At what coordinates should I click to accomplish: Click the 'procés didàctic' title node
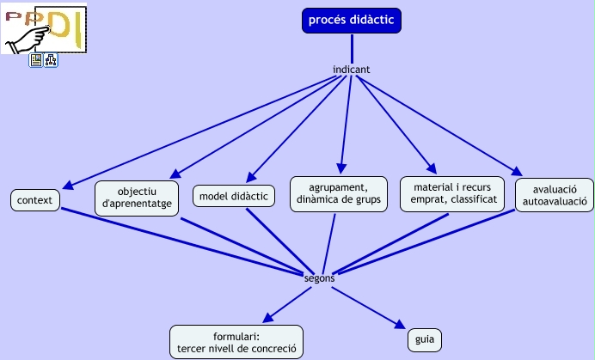pyautogui.click(x=352, y=20)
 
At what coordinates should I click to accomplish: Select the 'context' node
pyautogui.click(x=35, y=200)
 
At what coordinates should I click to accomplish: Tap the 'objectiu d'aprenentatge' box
pyautogui.click(x=137, y=198)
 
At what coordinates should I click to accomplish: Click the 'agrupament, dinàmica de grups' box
pyautogui.click(x=338, y=193)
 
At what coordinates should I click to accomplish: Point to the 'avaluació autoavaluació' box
pyautogui.click(x=554, y=195)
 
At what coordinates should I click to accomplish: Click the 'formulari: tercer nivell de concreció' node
pyautogui.click(x=236, y=342)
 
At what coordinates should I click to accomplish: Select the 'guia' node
pyautogui.click(x=424, y=339)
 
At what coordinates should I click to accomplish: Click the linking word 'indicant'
pyautogui.click(x=351, y=70)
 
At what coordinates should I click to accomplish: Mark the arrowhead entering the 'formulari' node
pyautogui.click(x=268, y=319)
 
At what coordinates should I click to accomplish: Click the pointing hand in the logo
pyautogui.click(x=31, y=34)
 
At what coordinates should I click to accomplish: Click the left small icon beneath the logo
pyautogui.click(x=36, y=60)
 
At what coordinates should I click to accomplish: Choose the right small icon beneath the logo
pyautogui.click(x=51, y=60)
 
